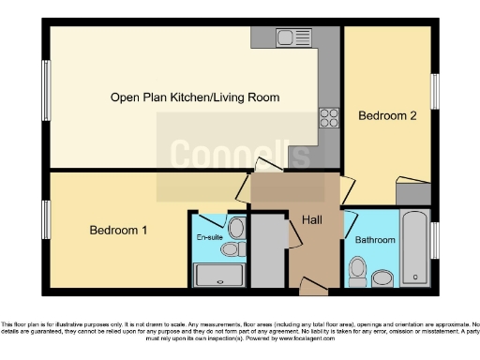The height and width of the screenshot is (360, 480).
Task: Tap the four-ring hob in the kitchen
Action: [329, 117]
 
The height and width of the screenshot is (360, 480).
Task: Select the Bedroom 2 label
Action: [387, 115]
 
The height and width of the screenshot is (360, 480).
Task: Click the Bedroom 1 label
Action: [118, 230]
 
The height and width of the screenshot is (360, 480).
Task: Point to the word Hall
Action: [313, 220]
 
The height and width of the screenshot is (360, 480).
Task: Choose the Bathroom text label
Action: [375, 240]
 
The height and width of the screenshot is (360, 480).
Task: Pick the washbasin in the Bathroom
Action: [382, 278]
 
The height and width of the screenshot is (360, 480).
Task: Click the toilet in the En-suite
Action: [235, 228]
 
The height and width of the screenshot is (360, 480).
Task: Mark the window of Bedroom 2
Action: [435, 92]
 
